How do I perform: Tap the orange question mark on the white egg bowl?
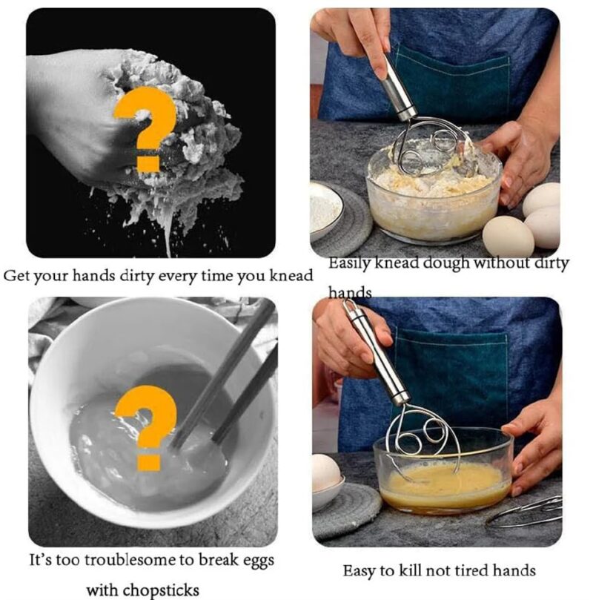(147, 426)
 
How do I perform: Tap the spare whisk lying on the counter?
(526, 512)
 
